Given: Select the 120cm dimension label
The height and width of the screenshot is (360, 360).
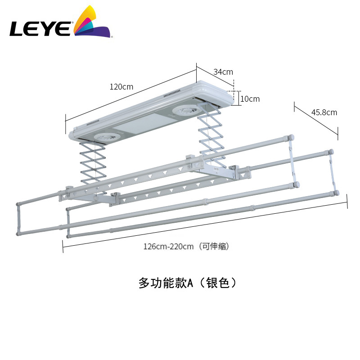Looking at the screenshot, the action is click(121, 87).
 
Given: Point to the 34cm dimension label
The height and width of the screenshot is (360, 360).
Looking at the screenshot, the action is click(223, 72).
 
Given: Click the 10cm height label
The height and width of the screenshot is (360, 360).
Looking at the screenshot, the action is click(250, 99).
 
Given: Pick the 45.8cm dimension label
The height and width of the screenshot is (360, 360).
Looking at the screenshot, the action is click(324, 112).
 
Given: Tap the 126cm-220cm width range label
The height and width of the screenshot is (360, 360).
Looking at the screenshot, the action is click(169, 246).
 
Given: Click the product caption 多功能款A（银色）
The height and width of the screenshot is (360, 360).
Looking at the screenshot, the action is click(187, 283).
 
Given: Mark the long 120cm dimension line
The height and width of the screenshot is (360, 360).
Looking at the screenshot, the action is click(130, 94).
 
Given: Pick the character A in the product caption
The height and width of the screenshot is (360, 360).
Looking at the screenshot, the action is click(190, 283).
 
